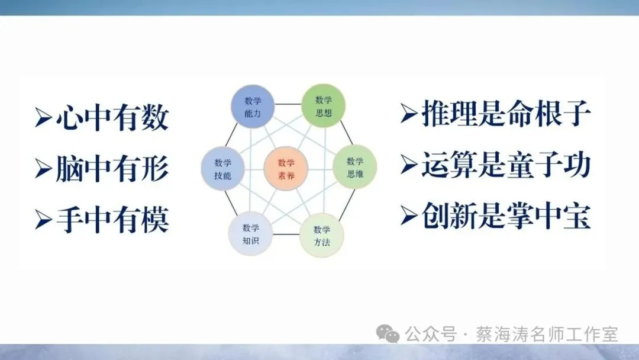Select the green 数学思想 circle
(323, 105)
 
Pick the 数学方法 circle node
(321, 234)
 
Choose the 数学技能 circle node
(223, 168)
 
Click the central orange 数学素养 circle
(286, 168)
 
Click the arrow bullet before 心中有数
(43, 117)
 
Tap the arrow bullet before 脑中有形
(43, 169)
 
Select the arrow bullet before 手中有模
(43, 220)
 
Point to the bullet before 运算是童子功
(409, 165)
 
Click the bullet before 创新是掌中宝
(409, 216)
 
